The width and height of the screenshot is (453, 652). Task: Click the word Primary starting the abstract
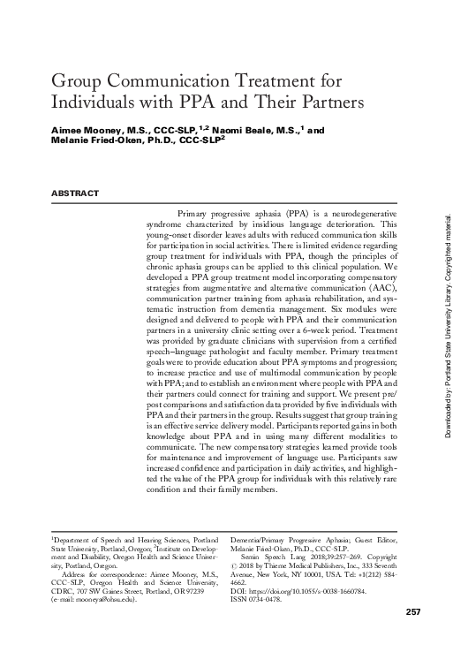[x=196, y=215]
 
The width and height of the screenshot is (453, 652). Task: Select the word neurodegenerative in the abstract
[x=361, y=215]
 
